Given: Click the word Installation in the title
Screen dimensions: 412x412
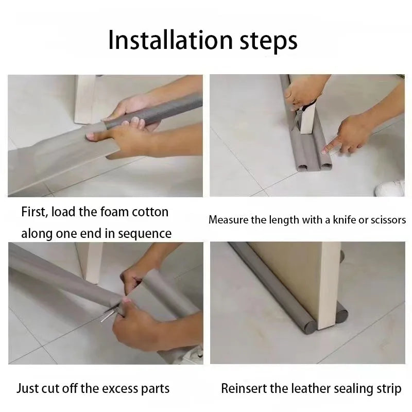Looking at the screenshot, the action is [x=170, y=40].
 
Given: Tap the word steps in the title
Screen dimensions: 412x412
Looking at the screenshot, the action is [x=268, y=42].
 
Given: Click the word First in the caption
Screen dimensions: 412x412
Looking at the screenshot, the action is [x=35, y=212].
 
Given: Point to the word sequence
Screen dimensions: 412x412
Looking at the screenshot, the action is [x=145, y=234].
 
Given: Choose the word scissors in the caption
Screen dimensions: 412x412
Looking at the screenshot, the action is [x=388, y=220].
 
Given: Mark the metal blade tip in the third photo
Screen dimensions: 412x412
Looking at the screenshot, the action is [x=101, y=321].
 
